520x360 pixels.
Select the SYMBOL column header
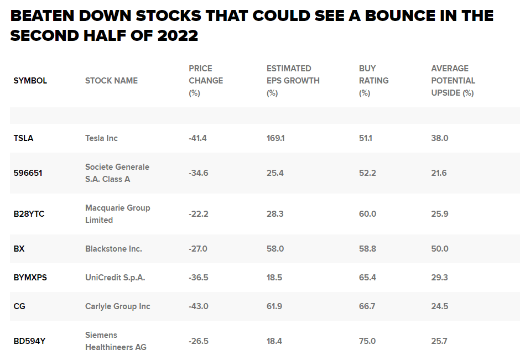point(30,81)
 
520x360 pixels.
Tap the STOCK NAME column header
point(111,81)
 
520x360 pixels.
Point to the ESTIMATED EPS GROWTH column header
point(293,81)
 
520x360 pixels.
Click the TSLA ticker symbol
point(23,138)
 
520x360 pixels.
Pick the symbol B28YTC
point(29,214)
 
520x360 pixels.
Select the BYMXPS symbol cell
point(30,278)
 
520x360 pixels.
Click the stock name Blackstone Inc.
point(113,249)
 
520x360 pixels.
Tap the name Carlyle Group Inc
point(118,306)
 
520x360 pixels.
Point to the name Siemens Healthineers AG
point(116,341)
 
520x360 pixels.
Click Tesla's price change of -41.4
point(197,138)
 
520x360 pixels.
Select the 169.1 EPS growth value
point(275,138)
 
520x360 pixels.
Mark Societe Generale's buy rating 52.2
point(367,173)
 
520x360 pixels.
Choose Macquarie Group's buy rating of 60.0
point(367,214)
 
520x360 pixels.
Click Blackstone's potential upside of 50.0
point(440,249)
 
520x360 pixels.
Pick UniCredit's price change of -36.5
point(198,278)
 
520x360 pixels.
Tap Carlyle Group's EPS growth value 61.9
point(275,306)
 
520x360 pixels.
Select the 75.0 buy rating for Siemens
point(367,341)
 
